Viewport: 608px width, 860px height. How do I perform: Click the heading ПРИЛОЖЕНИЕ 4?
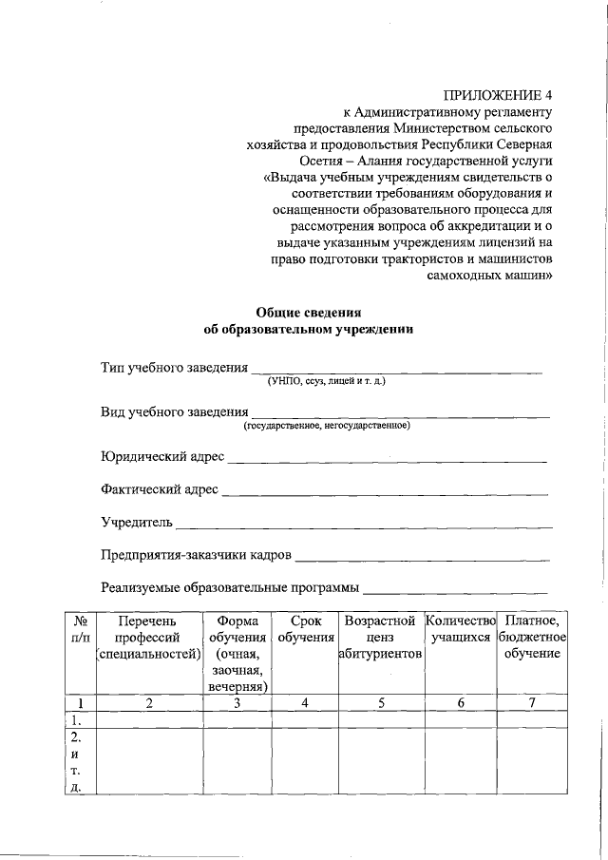coord(498,97)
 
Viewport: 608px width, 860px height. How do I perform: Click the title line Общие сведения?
coord(310,313)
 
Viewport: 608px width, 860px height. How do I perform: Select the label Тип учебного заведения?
coord(174,368)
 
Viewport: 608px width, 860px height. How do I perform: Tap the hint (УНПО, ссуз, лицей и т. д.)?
coord(327,381)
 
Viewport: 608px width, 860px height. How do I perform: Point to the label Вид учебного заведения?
coord(173,412)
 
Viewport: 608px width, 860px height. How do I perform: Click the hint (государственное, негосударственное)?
coord(326,426)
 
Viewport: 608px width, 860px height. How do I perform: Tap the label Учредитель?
coord(137,523)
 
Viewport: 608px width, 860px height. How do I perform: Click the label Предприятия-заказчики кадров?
coord(197,555)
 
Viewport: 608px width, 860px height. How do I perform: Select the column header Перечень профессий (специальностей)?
coord(147,637)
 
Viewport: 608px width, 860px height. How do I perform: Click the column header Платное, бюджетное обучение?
coord(532,637)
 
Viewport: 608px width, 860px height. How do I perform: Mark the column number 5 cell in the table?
coord(380,703)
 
